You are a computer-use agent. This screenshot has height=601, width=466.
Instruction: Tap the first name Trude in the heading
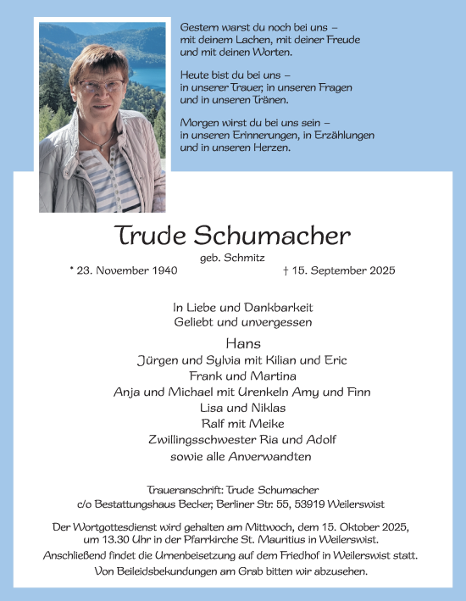(148, 236)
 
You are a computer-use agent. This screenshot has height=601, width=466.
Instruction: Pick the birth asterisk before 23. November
(72, 270)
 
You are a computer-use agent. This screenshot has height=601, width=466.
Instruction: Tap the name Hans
(233, 343)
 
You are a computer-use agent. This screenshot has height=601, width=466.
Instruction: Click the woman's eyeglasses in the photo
(100, 85)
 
